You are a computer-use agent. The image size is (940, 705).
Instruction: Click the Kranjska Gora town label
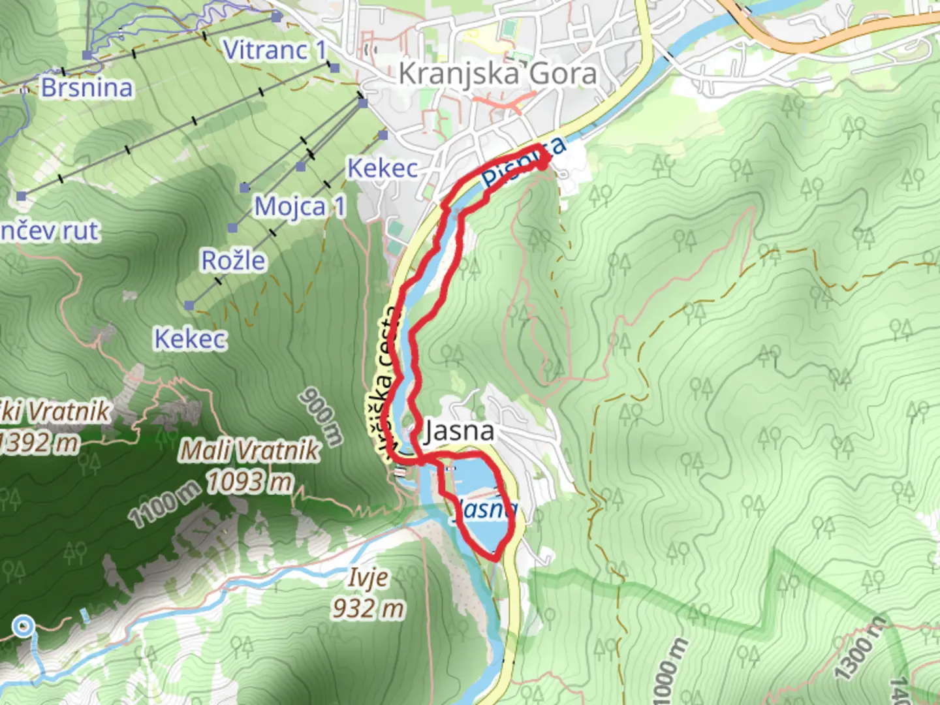coord(497,73)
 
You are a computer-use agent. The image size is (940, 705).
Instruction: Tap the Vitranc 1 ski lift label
coord(274,50)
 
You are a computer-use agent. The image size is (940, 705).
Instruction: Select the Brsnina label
coord(87,87)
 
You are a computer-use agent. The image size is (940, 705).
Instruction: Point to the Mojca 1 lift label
coord(300,206)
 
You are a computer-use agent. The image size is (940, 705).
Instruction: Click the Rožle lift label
coord(233,260)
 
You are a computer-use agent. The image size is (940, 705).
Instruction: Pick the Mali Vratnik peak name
coord(249,450)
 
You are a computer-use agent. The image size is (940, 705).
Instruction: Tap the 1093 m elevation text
coord(249,482)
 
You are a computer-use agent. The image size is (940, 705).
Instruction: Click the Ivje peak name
coord(368,577)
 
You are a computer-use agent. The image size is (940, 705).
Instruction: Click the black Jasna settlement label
coord(459,431)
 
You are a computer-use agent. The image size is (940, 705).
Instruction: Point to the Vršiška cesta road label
coord(381,382)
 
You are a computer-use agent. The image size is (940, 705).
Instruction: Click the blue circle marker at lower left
coord(23,627)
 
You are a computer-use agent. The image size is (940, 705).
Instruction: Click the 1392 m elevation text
coord(39,443)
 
